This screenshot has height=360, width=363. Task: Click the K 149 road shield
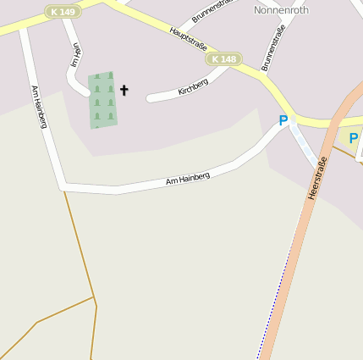pyautogui.click(x=63, y=12)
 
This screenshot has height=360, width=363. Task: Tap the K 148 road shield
pyautogui.click(x=224, y=59)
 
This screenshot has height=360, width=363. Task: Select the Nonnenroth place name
pyautogui.click(x=281, y=10)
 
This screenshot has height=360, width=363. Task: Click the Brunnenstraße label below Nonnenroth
pyautogui.click(x=273, y=47)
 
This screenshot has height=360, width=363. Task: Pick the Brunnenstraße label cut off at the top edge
pyautogui.click(x=212, y=9)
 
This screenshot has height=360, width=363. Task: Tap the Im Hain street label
pyautogui.click(x=75, y=55)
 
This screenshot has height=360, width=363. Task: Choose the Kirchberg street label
pyautogui.click(x=193, y=86)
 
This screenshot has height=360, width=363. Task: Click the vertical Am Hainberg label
pyautogui.click(x=38, y=107)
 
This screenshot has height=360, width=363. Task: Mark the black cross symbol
pyautogui.click(x=124, y=89)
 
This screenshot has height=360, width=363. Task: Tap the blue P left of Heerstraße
pyautogui.click(x=283, y=121)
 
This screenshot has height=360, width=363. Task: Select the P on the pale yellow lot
pyautogui.click(x=353, y=137)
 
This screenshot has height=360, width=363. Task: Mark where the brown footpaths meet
pyautogui.click(x=95, y=298)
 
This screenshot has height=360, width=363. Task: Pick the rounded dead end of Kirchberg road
pyautogui.click(x=150, y=98)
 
